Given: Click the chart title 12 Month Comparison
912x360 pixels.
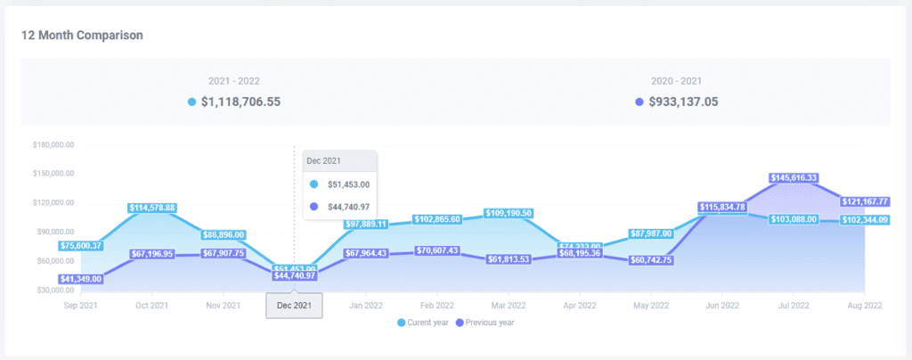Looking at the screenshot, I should coord(83,35).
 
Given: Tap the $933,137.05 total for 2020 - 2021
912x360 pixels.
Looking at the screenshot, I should coord(682,102).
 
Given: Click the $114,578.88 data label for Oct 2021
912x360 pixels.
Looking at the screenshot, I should coord(152,208).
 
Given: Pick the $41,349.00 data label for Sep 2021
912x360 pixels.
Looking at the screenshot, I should coord(81,279).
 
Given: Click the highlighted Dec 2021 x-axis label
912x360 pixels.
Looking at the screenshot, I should coord(295,306).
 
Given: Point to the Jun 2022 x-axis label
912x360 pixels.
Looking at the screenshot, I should coord(722,306).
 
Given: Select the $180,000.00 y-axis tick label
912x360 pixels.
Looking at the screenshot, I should coord(53,144).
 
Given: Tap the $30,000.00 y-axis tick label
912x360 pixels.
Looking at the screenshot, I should coord(53,290).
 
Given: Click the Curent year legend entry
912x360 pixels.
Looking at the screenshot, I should coord(422,322).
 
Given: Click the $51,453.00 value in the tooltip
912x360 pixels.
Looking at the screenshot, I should coord(348,184).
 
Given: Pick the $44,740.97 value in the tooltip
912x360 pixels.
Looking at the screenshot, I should coord(348,207).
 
